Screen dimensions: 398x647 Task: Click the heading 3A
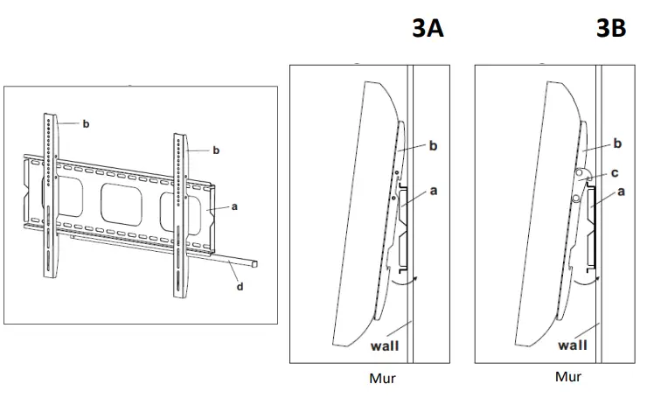pyautogui.click(x=428, y=29)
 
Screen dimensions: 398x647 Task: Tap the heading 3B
pyautogui.click(x=610, y=29)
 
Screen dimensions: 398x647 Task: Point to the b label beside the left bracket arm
pyautogui.click(x=86, y=124)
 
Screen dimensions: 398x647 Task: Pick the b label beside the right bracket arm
pyautogui.click(x=216, y=150)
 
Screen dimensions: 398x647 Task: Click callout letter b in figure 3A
pyautogui.click(x=432, y=147)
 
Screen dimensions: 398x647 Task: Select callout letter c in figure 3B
pyautogui.click(x=616, y=172)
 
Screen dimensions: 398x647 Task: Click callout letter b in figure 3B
pyautogui.click(x=617, y=143)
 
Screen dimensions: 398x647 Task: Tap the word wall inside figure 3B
pyautogui.click(x=574, y=346)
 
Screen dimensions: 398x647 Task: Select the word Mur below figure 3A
pyautogui.click(x=383, y=379)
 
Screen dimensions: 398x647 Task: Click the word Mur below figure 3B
pyautogui.click(x=568, y=377)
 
